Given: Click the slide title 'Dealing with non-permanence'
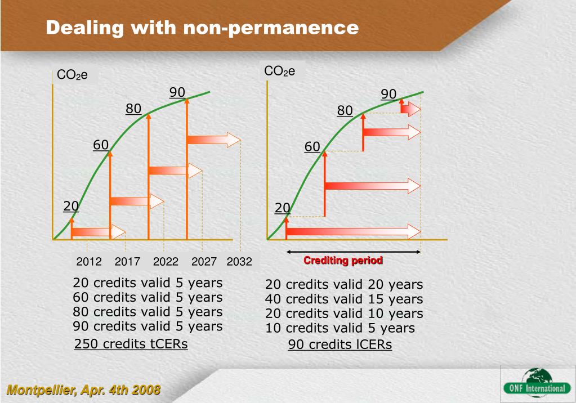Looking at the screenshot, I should coord(202,27).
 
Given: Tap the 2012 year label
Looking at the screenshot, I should coord(89,261).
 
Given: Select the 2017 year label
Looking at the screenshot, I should coord(127,261).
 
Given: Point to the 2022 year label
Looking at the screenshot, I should coord(166,261).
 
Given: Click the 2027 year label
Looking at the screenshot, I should coord(204,261).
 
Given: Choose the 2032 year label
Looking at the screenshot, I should coord(239,261).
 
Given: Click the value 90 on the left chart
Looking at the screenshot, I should coord(177,92).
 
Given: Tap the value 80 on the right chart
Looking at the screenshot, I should coord(345,111).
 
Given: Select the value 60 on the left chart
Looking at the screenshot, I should coord(101,145).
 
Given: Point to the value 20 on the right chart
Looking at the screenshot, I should coord(282,209).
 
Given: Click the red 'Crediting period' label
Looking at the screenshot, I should coord(343,261).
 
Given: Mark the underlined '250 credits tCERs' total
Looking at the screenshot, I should coord(131,343).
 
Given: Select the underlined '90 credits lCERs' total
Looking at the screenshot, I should coord(340,344).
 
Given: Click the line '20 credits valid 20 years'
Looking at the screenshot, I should coord(344,285).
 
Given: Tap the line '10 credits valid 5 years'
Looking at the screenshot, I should coord(340,328).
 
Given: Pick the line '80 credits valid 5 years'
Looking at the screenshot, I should coord(148,312).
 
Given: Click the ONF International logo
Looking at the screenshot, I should coord(537,383).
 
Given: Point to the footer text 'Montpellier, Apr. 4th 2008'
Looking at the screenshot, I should coord(83,389).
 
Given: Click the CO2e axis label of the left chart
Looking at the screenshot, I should coord(73,75).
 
